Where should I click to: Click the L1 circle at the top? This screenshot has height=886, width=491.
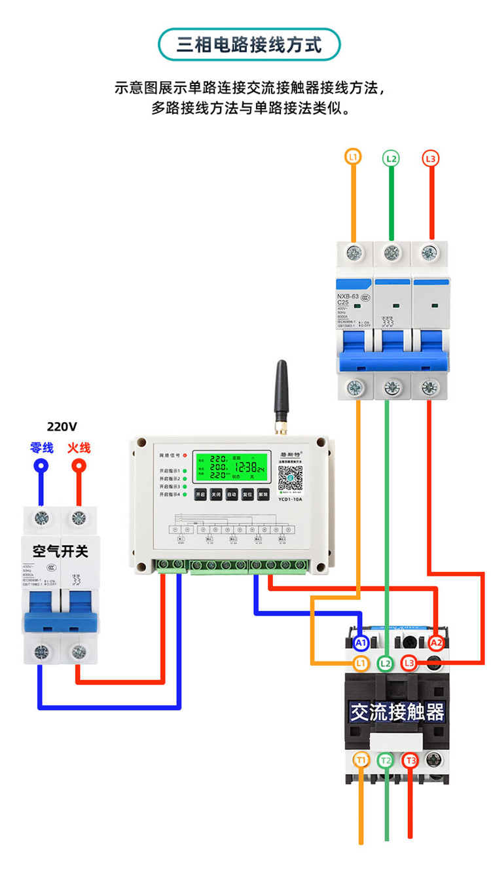click(x=353, y=157)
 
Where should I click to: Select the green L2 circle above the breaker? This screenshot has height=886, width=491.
click(x=391, y=158)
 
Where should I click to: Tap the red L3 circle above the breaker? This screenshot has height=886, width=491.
click(x=430, y=158)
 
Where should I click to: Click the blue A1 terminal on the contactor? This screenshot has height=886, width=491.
click(x=361, y=643)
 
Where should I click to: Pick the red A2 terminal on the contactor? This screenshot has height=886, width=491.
click(x=436, y=643)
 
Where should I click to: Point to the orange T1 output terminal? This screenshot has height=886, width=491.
click(x=361, y=760)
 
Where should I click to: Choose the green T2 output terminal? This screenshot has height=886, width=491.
click(x=386, y=760)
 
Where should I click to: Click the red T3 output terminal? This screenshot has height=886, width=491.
click(x=410, y=760)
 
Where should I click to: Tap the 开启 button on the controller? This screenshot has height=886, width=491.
click(x=200, y=495)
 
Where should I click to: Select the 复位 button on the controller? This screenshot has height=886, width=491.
click(x=247, y=495)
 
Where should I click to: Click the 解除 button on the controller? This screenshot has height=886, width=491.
click(x=263, y=495)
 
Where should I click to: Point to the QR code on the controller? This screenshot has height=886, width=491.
click(x=290, y=478)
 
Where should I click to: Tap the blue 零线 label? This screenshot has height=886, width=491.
click(x=42, y=448)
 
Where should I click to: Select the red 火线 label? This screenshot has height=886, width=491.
click(x=79, y=448)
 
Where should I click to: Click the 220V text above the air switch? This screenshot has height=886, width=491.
click(x=62, y=427)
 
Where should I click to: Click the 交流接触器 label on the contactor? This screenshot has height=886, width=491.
click(x=397, y=712)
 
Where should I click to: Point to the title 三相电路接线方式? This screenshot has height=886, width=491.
click(x=249, y=44)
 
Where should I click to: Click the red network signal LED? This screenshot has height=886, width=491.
click(x=185, y=455)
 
